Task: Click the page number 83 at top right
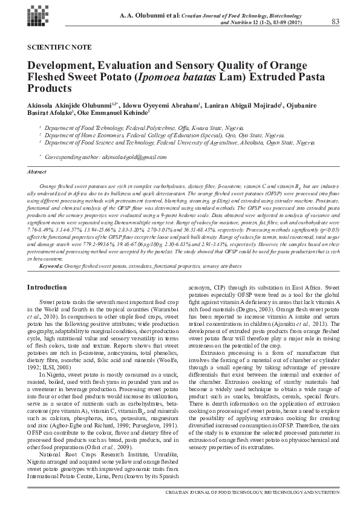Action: [336, 22]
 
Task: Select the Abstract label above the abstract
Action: [38, 172]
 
